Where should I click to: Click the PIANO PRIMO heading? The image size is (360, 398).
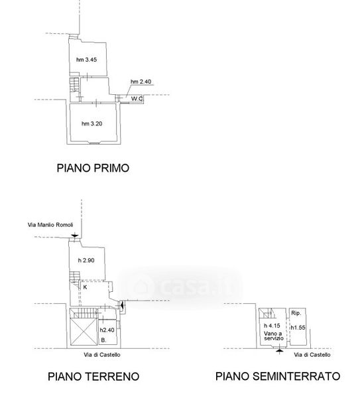pos(93,168)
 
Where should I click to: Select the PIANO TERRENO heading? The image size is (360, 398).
pos(93,376)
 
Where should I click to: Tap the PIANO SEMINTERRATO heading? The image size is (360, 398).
pos(278,376)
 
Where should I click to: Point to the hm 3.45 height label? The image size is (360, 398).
pos(86,60)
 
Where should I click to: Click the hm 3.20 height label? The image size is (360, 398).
pos(92,124)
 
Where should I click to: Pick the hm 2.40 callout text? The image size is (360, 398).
pos(141,82)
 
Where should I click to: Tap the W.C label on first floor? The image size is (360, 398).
pos(137,98)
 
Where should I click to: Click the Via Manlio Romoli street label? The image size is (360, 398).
pos(50,225)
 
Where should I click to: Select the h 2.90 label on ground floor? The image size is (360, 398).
pos(86,261)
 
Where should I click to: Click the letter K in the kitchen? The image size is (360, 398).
pos(86,287)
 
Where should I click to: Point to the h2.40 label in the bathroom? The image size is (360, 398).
pos(107,330)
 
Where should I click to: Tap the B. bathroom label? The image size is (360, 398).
pos(103,340)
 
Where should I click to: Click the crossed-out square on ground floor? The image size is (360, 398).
pos(84,332)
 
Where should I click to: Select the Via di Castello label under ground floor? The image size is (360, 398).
pos(102,355)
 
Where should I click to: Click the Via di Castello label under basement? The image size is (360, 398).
pos(312,355)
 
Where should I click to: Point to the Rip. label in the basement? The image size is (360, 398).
pos(296,313)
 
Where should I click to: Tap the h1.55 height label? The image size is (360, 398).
pos(298,328)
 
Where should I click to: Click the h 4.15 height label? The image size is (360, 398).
pos(272,326)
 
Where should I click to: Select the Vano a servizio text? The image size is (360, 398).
pos(274,336)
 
